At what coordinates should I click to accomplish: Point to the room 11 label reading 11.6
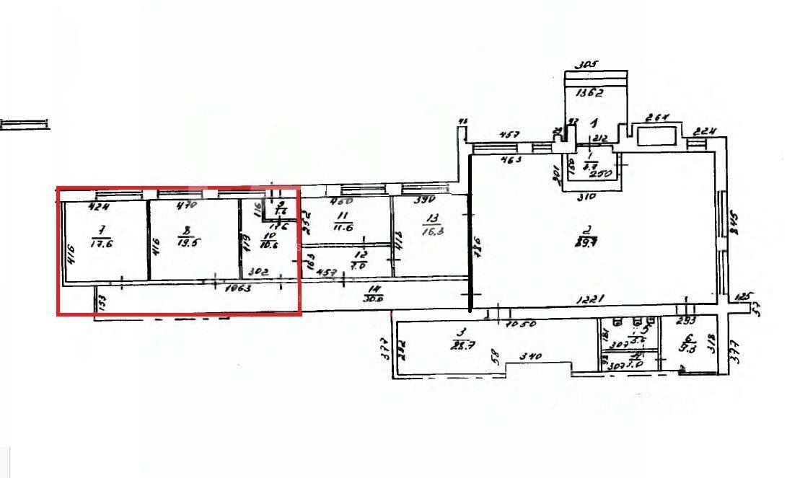click(343, 221)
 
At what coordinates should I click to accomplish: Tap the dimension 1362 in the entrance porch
click(589, 92)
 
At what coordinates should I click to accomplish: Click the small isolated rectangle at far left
click(25, 124)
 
